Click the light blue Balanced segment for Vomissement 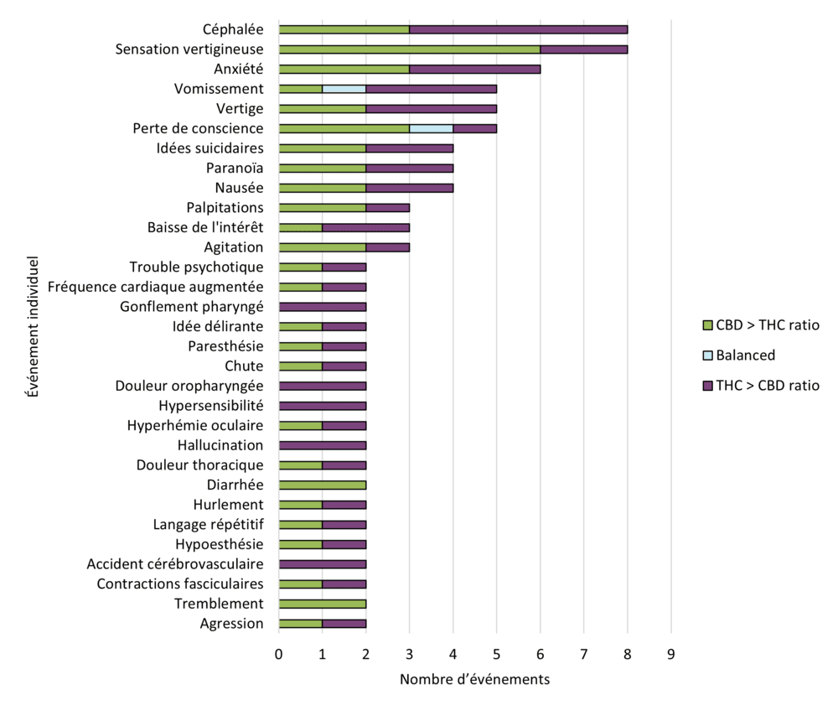[x=344, y=89]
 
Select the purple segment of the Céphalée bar [x=518, y=29]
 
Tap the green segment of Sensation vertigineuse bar [x=409, y=49]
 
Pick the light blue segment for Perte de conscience [x=431, y=128]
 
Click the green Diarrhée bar [x=322, y=485]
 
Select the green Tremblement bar [x=322, y=604]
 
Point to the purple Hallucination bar [x=322, y=445]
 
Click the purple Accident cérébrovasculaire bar [x=322, y=564]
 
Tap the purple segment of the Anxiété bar [x=474, y=69]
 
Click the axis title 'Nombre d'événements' [x=474, y=679]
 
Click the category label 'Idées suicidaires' [x=209, y=148]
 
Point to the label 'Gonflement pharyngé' [x=191, y=307]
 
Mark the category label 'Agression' [x=231, y=623]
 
